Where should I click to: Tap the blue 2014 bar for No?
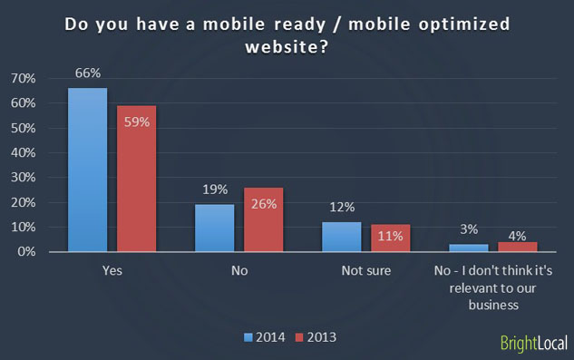click(215, 228)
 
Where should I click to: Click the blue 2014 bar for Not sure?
click(342, 237)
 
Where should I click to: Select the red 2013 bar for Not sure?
click(391, 238)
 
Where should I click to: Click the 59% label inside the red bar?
click(136, 122)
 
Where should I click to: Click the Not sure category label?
click(366, 271)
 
